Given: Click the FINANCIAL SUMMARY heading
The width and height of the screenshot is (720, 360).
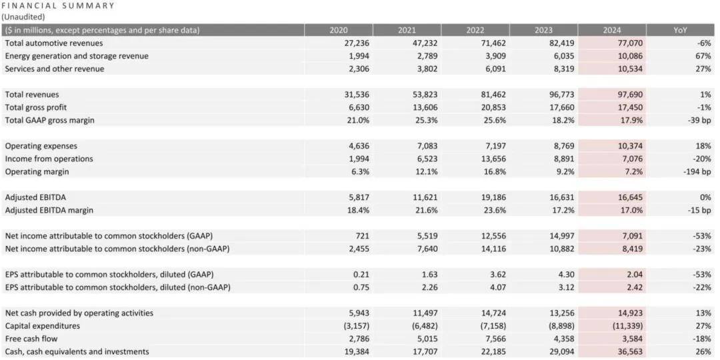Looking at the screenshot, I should [58, 5].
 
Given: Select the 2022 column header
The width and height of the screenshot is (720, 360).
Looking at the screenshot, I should [475, 30].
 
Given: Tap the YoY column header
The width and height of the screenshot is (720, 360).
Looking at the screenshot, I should [680, 30].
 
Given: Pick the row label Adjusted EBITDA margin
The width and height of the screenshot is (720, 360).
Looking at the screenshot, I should [49, 210].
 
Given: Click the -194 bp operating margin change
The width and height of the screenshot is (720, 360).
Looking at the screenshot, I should [697, 171].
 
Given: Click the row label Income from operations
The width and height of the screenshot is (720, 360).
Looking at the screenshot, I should [49, 159].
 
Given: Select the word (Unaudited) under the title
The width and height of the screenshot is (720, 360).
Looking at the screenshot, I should [24, 16].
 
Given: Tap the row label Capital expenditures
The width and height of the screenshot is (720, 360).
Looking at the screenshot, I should [43, 326].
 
